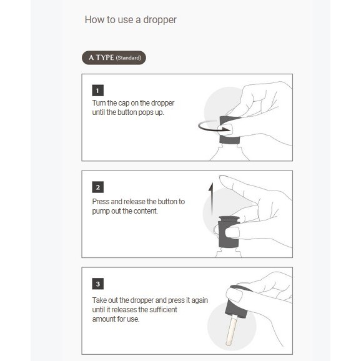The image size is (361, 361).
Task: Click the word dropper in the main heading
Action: point(160,20)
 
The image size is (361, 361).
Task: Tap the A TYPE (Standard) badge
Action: point(114,58)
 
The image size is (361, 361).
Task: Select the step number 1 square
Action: point(98,91)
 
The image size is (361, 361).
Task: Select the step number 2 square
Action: point(98,187)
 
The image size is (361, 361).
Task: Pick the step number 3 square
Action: point(98,284)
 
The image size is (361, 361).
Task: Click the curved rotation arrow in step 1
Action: point(205,128)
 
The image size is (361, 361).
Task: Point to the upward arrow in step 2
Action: point(211,198)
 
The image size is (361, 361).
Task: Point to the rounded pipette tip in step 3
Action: point(228,344)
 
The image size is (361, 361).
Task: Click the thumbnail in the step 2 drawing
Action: point(232,232)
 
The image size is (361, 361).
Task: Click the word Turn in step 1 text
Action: point(99,103)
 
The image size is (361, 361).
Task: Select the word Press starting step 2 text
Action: point(101,202)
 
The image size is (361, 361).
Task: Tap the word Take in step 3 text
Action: point(99,300)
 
